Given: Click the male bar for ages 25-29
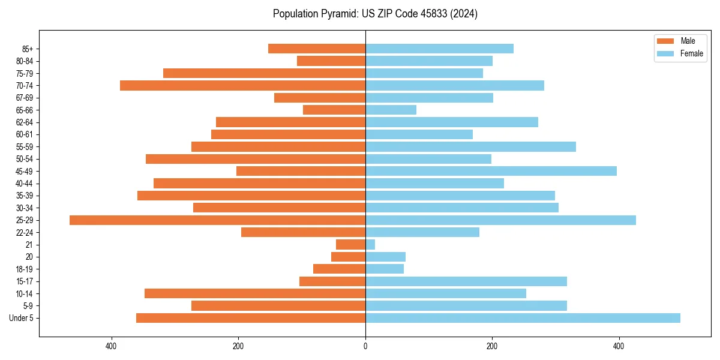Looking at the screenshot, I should tap(217, 220).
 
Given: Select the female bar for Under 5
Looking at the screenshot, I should tap(523, 318).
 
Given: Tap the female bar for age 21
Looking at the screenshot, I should tap(370, 245).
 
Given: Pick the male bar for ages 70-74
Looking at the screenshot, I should tap(242, 86).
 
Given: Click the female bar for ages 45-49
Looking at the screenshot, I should tap(491, 171).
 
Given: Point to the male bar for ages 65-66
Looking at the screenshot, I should tap(334, 110).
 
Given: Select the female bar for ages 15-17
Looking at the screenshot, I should tap(466, 281).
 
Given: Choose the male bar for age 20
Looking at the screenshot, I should tap(349, 257).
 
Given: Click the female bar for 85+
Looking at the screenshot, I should tap(439, 49).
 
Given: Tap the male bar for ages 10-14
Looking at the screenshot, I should tap(255, 293).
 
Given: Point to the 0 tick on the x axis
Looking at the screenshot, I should tap(365, 346).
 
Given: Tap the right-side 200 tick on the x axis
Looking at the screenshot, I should tap(492, 346).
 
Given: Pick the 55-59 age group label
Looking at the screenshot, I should tap(25, 147).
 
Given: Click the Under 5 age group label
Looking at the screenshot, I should tap(22, 318).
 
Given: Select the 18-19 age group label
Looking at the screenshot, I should tap(25, 269).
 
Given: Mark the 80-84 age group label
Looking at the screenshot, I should tap(25, 61).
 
